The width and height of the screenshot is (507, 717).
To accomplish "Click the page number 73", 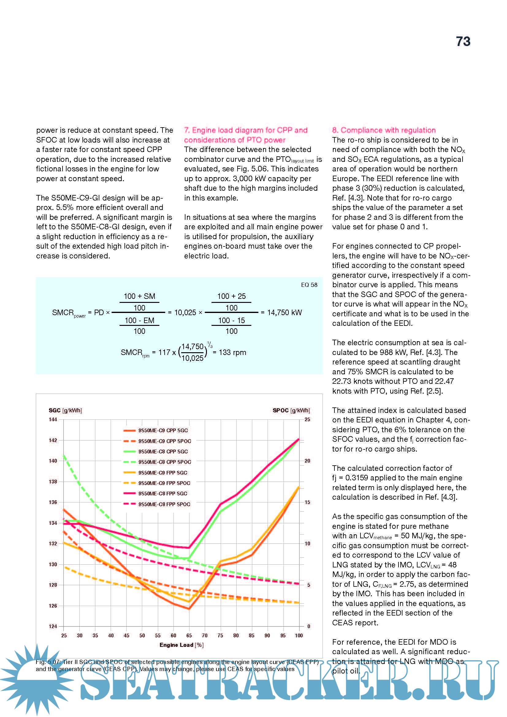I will tap(463, 41).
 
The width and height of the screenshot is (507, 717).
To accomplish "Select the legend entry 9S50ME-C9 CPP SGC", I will tap(163, 430).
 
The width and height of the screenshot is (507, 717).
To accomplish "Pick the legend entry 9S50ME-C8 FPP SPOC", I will tap(164, 504).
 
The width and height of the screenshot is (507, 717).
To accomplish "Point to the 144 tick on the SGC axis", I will tap(53, 419).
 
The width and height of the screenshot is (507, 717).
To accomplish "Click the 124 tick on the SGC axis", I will tap(53, 626).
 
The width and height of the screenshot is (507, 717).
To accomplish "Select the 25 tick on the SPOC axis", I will tap(307, 419).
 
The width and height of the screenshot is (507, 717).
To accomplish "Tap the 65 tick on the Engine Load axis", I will tap(189, 635).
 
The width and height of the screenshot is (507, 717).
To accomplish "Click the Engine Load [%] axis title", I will tap(181, 645).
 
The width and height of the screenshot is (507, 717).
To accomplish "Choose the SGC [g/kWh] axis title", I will tap(65, 410).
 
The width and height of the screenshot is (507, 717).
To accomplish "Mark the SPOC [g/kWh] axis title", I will tap(291, 410).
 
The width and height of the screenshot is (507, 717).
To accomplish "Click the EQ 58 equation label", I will tap(309, 285).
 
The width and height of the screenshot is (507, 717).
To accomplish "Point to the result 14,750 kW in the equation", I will tap(284, 313).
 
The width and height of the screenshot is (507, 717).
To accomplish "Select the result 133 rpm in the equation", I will tap(232, 353).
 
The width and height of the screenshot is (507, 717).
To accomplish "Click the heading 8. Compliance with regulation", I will tap(384, 130).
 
